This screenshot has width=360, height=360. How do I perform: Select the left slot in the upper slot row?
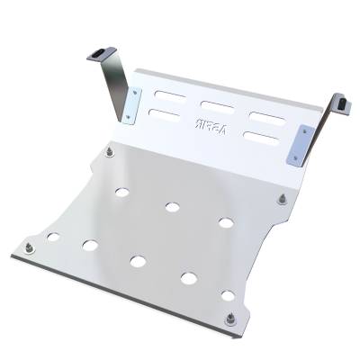(x=166, y=93)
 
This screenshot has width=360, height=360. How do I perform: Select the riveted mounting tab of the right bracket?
(x=298, y=143)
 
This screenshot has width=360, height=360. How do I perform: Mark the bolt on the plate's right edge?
(x=283, y=197)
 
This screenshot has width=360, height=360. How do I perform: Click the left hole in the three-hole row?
(x=120, y=191)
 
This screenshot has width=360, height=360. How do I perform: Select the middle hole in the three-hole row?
(x=171, y=207)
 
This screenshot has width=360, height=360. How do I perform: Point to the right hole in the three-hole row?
(x=225, y=222)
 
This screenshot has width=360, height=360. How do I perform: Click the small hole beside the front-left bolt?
(x=53, y=237)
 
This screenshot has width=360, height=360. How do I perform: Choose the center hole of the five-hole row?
(x=138, y=261)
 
